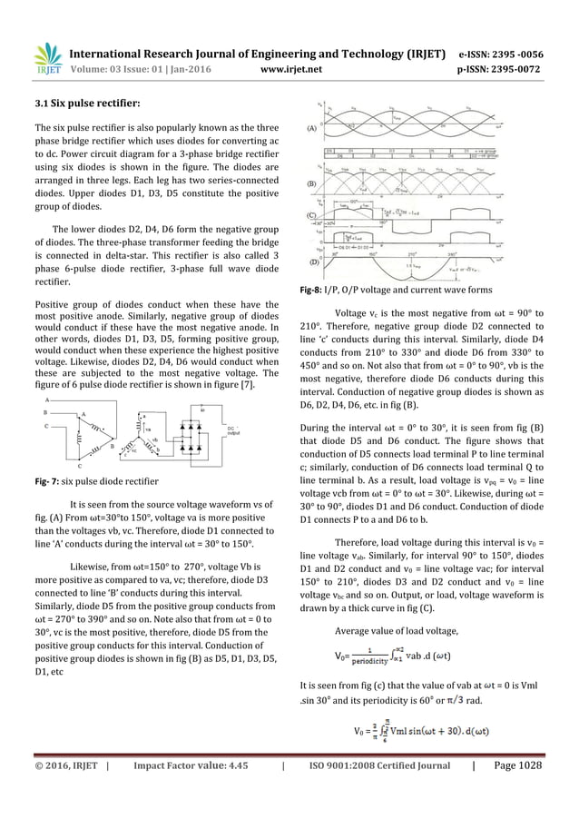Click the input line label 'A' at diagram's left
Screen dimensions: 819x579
point(46,400)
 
